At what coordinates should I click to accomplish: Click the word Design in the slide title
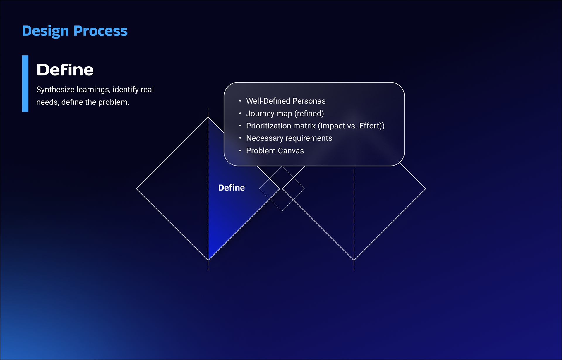pos(45,31)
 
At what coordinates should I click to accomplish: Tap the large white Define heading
pos(65,70)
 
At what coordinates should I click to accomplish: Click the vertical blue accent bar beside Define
pos(25,83)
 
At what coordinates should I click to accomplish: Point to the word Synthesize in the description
pos(55,90)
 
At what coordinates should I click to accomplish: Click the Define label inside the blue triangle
pos(232,188)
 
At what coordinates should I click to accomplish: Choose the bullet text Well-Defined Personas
pos(286,101)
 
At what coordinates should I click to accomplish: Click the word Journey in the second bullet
pos(260,114)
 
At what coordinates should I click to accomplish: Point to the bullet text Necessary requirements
pos(289,138)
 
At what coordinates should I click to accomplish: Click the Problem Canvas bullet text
pos(275,151)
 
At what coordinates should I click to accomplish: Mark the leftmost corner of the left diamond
pos(137,189)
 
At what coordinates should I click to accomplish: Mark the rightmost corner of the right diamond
pos(425,189)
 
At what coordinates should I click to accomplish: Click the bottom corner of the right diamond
pos(354,260)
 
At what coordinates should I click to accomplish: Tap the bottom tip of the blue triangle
pos(209,259)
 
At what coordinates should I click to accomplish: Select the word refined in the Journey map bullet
pos(309,114)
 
